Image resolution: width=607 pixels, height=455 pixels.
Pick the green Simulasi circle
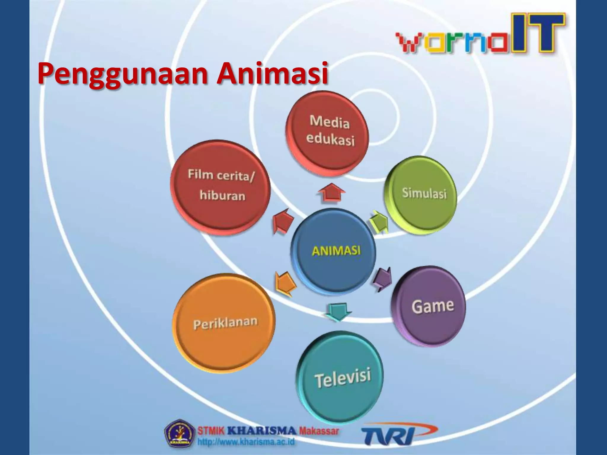point(421,194)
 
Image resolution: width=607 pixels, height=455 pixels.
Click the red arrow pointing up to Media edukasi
point(331,192)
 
